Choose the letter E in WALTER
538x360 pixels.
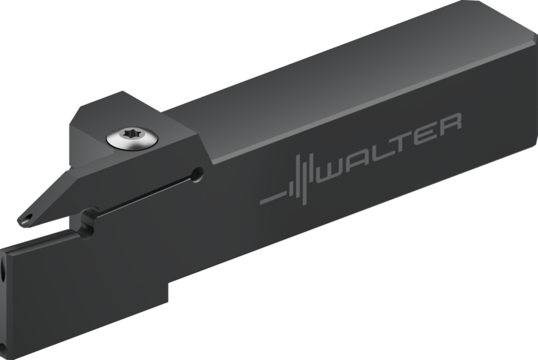pos(426,135)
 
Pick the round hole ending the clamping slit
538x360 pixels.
pos(198,174)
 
